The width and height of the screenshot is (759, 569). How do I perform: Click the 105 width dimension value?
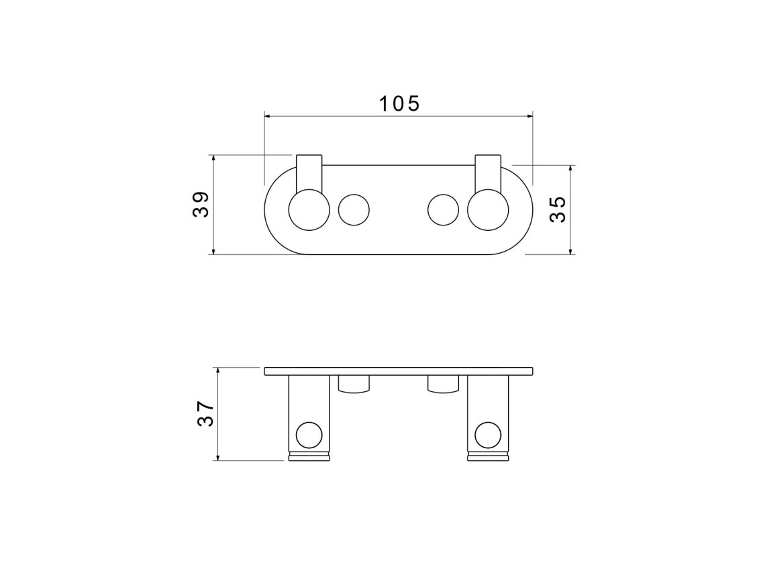coord(399,103)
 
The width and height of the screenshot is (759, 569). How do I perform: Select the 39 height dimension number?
coord(201,205)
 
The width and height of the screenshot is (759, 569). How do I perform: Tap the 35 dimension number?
coord(558,209)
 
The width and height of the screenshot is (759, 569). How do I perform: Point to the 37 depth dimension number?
coord(205,414)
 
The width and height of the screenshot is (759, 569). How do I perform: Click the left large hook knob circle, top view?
coord(309,210)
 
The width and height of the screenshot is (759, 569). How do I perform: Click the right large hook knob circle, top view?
coord(488,210)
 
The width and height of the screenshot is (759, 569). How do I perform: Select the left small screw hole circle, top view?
coord(354,210)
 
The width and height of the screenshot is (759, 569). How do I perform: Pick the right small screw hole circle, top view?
coord(443,210)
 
